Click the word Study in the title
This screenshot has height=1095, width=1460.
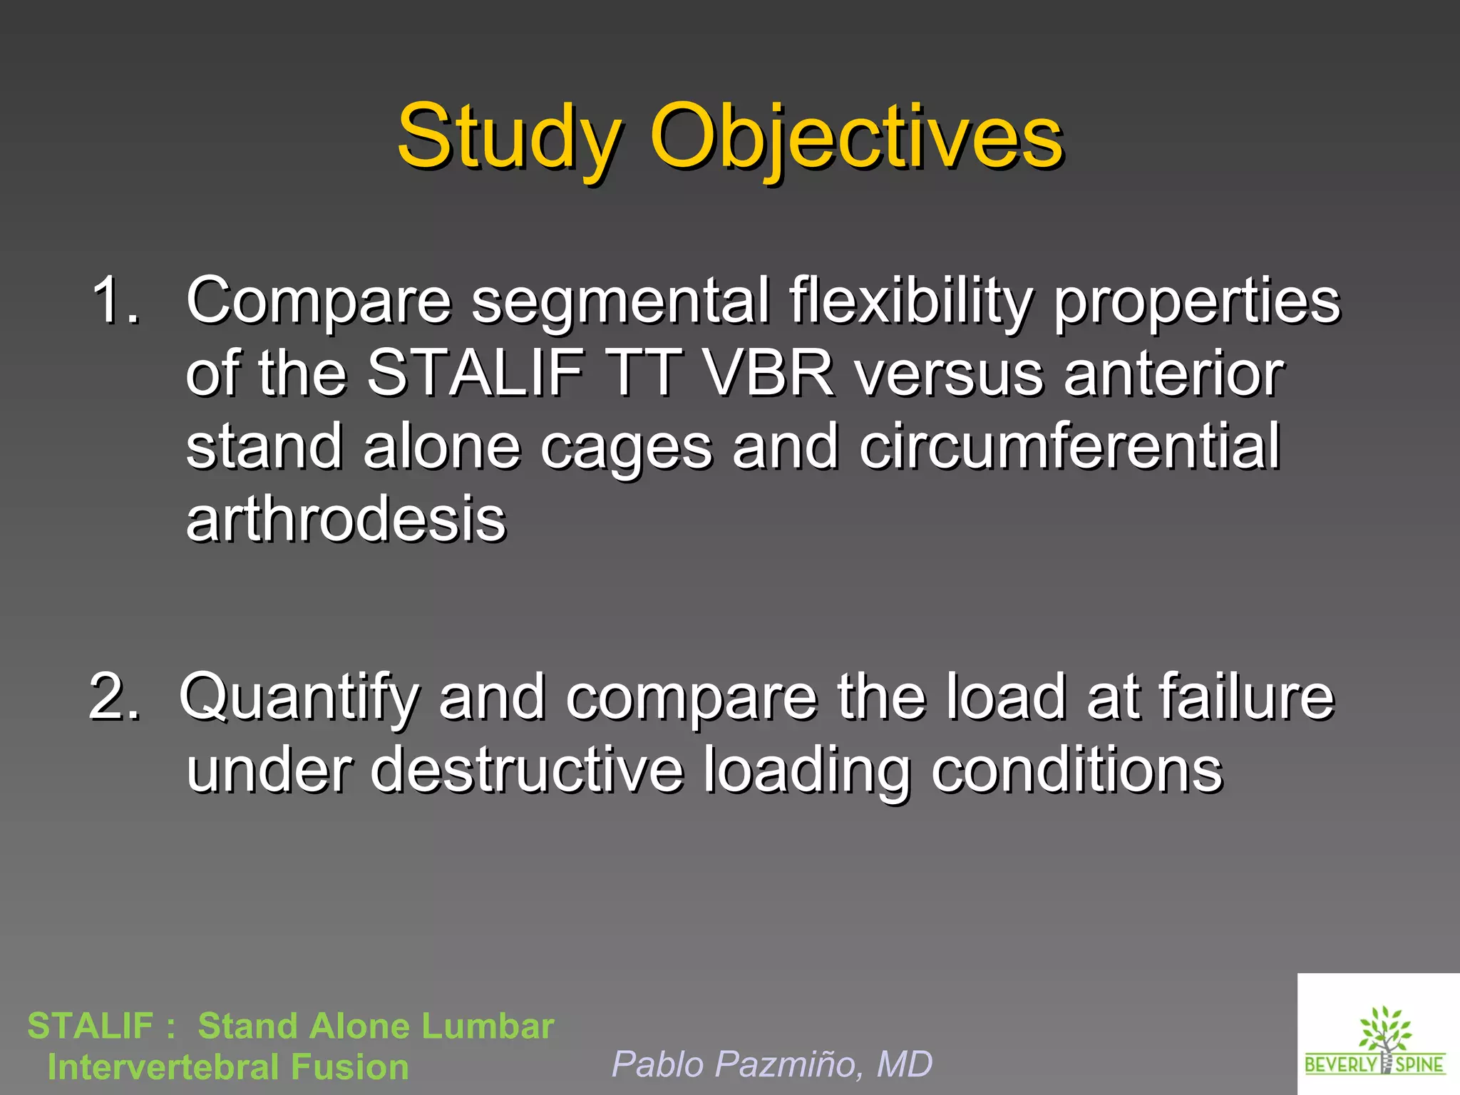[x=508, y=137]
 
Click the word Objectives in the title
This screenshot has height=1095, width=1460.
[x=856, y=137]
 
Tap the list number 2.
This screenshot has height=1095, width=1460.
[x=114, y=696]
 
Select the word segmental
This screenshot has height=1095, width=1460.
[x=620, y=301]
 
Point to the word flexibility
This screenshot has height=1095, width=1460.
[x=910, y=301]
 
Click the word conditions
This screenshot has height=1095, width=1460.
[x=1076, y=770]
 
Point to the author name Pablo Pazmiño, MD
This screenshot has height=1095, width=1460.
[x=772, y=1064]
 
